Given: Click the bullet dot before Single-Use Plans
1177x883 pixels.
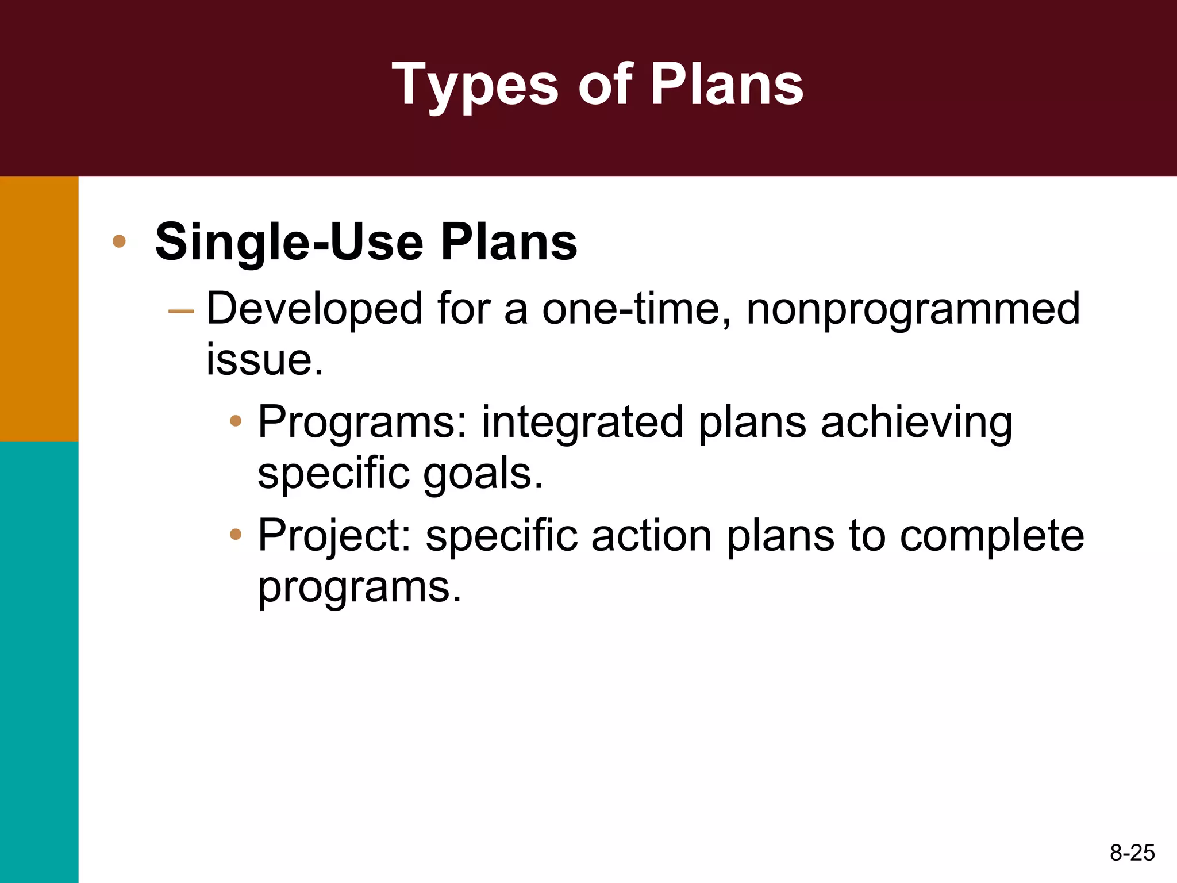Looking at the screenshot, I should (119, 241).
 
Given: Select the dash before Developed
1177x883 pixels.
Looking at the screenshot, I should (181, 312).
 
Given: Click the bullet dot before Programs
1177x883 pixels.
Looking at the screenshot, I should (235, 421).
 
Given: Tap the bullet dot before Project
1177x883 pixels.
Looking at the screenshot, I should (235, 535).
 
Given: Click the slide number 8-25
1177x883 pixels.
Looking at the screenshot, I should (1132, 853).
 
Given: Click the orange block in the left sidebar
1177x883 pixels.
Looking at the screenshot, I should (39, 309).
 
